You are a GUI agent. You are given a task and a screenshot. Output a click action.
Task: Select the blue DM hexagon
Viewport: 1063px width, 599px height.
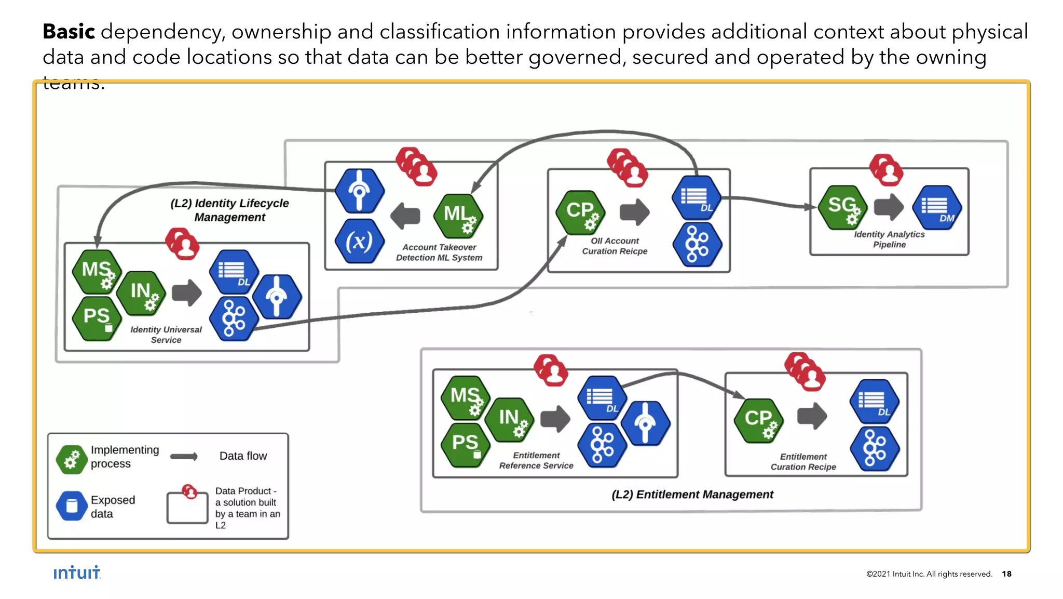coord(937,207)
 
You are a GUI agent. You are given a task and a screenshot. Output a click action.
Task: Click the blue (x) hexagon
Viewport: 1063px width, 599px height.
coord(359,241)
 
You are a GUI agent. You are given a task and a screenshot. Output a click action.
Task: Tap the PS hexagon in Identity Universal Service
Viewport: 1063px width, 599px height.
coord(97,317)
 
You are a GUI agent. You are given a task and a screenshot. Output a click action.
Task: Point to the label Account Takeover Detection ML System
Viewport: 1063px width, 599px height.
coord(439,252)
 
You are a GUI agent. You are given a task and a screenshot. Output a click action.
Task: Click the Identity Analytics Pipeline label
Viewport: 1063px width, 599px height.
coord(889,239)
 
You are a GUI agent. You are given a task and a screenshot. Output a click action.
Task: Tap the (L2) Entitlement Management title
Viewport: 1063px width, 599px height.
coord(692,494)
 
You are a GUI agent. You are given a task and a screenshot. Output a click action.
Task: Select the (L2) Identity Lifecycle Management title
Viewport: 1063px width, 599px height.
coord(229,210)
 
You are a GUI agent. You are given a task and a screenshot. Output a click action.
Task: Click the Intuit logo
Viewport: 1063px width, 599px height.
coord(77,573)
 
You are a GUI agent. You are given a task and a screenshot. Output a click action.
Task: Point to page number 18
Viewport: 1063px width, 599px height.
coord(1006,574)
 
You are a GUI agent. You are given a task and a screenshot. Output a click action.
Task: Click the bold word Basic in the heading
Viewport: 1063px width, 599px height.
coord(69,32)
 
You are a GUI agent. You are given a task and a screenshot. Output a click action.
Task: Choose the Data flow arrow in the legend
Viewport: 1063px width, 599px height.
coord(184,456)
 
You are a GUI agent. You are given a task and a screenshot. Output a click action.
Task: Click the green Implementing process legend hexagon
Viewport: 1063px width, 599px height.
coord(72,459)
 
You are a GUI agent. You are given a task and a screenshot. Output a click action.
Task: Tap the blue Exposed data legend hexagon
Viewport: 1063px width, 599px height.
coord(72,505)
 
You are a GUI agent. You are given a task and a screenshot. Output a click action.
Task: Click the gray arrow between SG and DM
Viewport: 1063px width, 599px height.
coord(889,207)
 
